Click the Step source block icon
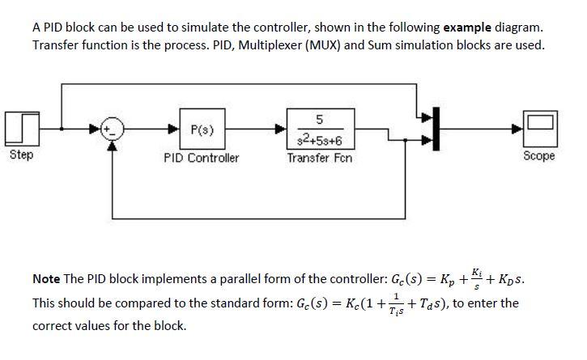tap(20, 128)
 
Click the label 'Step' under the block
tap(20, 155)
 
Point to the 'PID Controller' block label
tap(202, 158)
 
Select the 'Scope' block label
tap(539, 155)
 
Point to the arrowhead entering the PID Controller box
tap(172, 128)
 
